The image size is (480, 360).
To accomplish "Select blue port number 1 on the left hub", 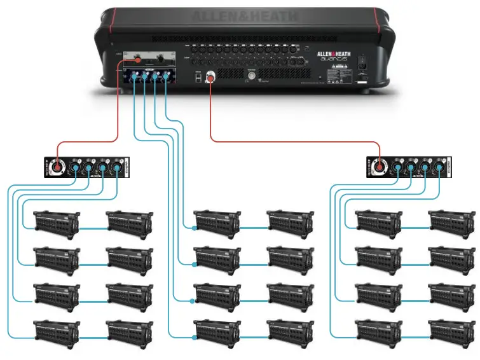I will coord(74,168).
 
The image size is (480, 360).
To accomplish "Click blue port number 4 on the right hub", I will coord(439,168).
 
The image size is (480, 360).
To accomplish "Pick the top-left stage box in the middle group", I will coord(217,223).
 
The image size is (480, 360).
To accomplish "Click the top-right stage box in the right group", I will coord(451,223).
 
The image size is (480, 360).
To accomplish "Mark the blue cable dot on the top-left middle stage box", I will coord(195,227).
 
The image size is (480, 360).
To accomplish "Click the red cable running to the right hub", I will coord(292,141).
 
